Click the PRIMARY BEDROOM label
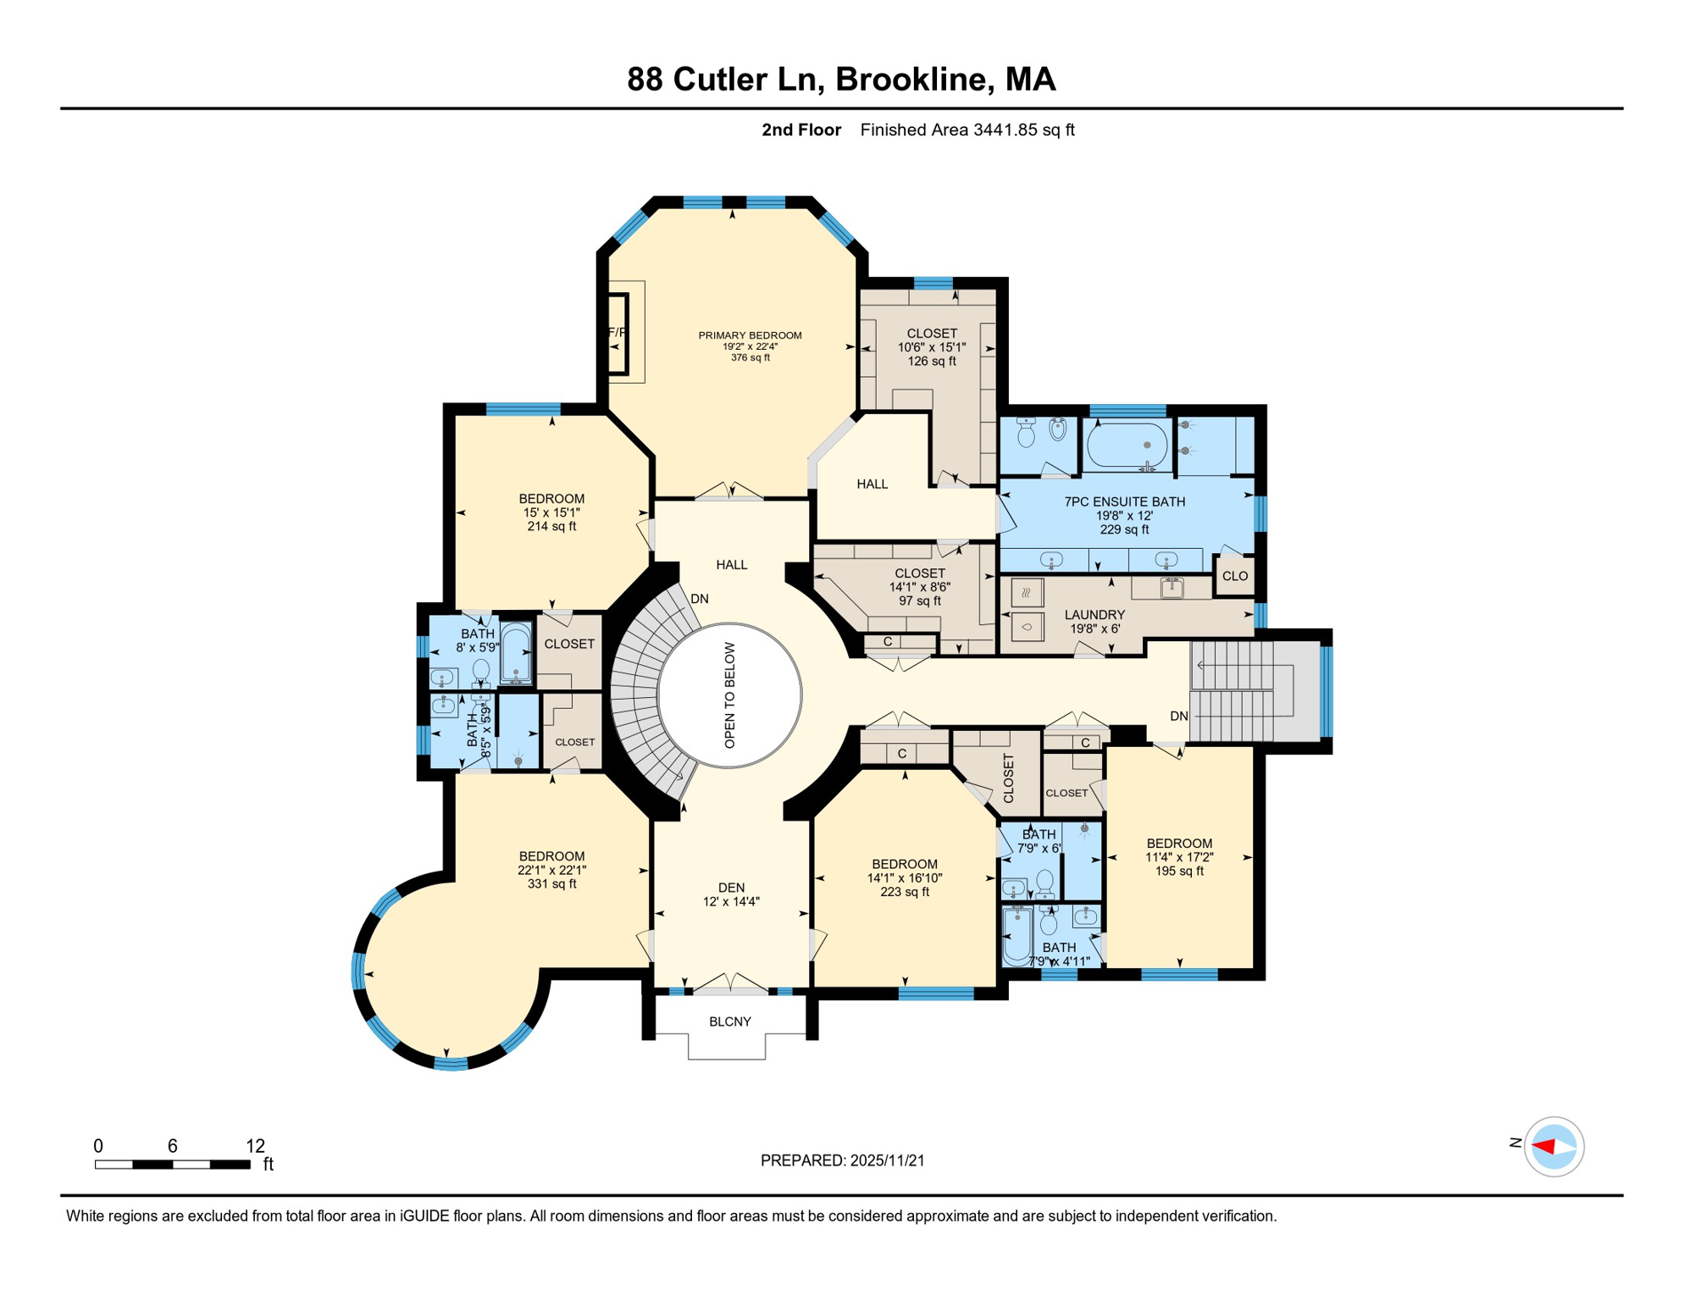(750, 335)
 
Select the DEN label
(731, 888)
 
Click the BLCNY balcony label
(730, 1021)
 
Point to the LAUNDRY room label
(1094, 615)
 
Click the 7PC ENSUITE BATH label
(1124, 501)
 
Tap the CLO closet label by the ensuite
(1235, 576)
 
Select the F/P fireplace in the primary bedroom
(617, 333)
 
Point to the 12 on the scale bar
(255, 1146)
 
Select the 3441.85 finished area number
(1006, 130)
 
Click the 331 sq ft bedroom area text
(551, 883)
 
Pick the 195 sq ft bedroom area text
(1179, 871)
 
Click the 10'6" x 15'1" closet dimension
(932, 347)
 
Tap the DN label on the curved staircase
(700, 599)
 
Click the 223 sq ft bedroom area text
(905, 892)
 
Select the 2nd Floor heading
(801, 130)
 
